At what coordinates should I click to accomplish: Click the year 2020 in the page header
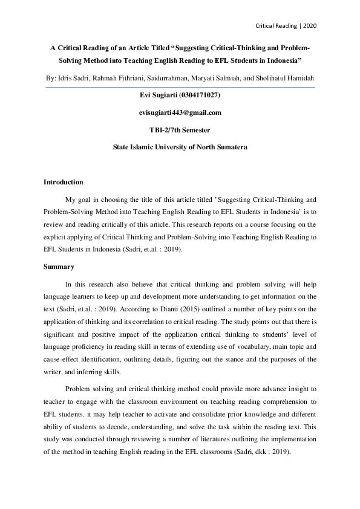point(309,26)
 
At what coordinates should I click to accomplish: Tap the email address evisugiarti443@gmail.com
point(180,112)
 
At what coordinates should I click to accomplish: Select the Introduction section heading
point(63,182)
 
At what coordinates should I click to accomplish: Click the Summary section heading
point(59,267)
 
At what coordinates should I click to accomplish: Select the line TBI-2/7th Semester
point(180,129)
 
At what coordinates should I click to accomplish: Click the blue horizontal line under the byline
point(180,87)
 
